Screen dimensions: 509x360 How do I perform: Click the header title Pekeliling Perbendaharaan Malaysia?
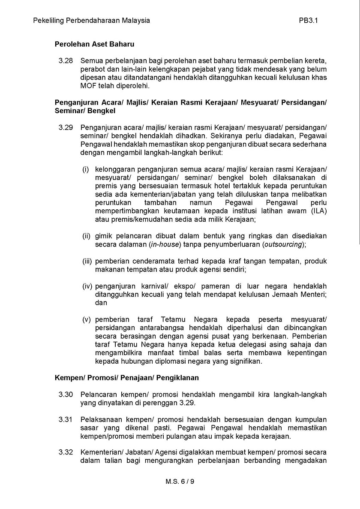(x=91, y=20)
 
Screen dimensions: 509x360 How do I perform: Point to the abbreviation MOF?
(x=88, y=86)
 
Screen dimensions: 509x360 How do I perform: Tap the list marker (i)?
(x=86, y=170)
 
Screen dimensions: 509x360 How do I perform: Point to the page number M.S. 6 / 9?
(x=180, y=482)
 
